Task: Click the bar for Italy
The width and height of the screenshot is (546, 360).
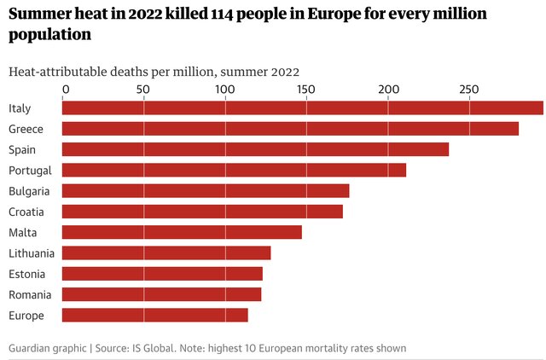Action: [303, 107]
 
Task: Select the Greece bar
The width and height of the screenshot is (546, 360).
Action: [290, 129]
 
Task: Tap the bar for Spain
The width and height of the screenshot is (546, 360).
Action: [256, 149]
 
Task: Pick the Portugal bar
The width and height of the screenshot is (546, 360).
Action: [235, 170]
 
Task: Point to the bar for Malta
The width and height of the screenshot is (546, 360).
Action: [182, 232]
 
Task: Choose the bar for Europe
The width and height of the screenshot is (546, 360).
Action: [155, 315]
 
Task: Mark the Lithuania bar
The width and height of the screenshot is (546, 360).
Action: [166, 253]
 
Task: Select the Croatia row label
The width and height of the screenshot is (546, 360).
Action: [26, 212]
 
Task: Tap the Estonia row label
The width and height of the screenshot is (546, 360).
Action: [26, 274]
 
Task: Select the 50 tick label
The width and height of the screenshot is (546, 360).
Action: [142, 90]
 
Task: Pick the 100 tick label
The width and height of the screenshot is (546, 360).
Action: [224, 90]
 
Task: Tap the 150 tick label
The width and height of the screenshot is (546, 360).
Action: [305, 90]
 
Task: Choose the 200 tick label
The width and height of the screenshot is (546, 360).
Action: [387, 90]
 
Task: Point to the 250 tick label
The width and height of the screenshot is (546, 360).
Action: [468, 90]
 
